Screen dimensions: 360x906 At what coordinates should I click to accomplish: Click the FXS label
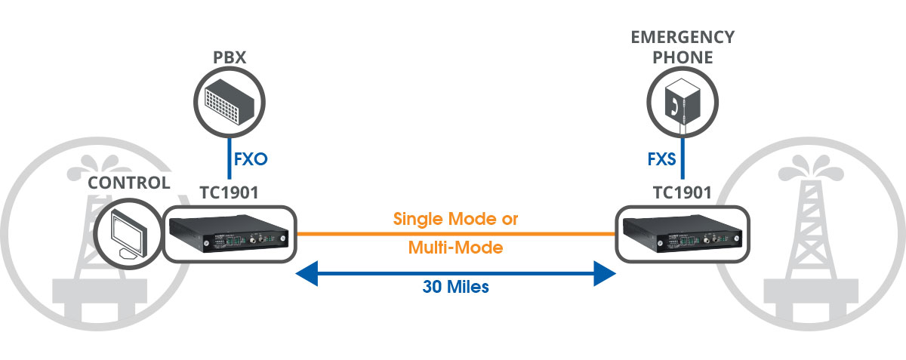click(x=661, y=160)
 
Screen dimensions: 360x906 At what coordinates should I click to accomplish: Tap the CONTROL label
click(x=129, y=183)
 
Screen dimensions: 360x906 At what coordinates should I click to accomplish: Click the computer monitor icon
click(x=127, y=234)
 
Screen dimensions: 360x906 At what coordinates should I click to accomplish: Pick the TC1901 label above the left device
click(x=229, y=192)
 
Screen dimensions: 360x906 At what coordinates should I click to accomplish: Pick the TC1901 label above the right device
click(x=682, y=192)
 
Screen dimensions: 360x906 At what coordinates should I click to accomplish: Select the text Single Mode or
click(x=456, y=220)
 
